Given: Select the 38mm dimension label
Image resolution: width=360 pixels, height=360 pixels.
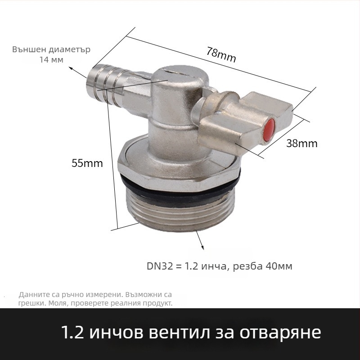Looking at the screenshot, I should [302, 144].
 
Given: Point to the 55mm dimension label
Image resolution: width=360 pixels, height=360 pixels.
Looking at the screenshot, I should [87, 163].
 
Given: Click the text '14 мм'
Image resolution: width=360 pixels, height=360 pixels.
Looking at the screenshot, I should [51, 60].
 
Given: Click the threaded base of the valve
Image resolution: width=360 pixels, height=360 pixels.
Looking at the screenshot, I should [180, 211].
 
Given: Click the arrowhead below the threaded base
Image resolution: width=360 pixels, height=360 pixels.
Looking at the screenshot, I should [202, 247].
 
